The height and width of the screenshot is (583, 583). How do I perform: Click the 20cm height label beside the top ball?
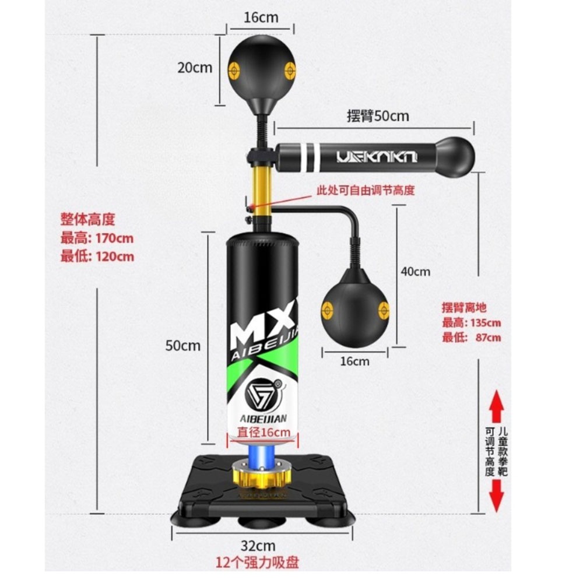195,68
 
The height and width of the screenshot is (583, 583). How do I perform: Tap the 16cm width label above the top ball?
261,17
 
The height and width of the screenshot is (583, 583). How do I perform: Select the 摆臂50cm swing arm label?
378,116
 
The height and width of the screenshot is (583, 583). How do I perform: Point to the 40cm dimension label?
415,271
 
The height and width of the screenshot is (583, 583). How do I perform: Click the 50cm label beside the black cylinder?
182,346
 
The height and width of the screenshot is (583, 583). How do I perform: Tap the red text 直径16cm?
264,432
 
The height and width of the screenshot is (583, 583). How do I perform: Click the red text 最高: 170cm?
97,238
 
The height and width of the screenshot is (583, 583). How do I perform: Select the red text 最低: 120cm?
97,257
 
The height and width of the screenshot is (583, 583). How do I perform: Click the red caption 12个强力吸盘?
258,563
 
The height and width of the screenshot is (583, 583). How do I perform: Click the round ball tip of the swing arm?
456,156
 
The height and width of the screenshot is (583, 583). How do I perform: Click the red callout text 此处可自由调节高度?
365,190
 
